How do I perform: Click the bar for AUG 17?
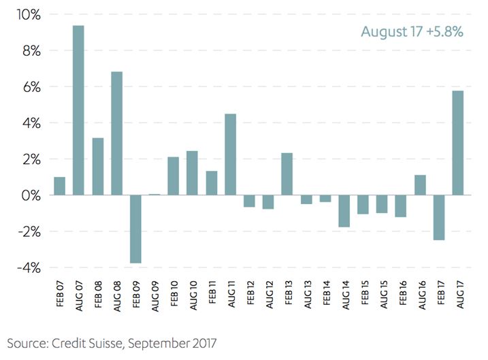[457, 143]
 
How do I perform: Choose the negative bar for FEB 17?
[438, 217]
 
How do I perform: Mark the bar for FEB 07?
[60, 186]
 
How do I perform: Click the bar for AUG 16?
[419, 185]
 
